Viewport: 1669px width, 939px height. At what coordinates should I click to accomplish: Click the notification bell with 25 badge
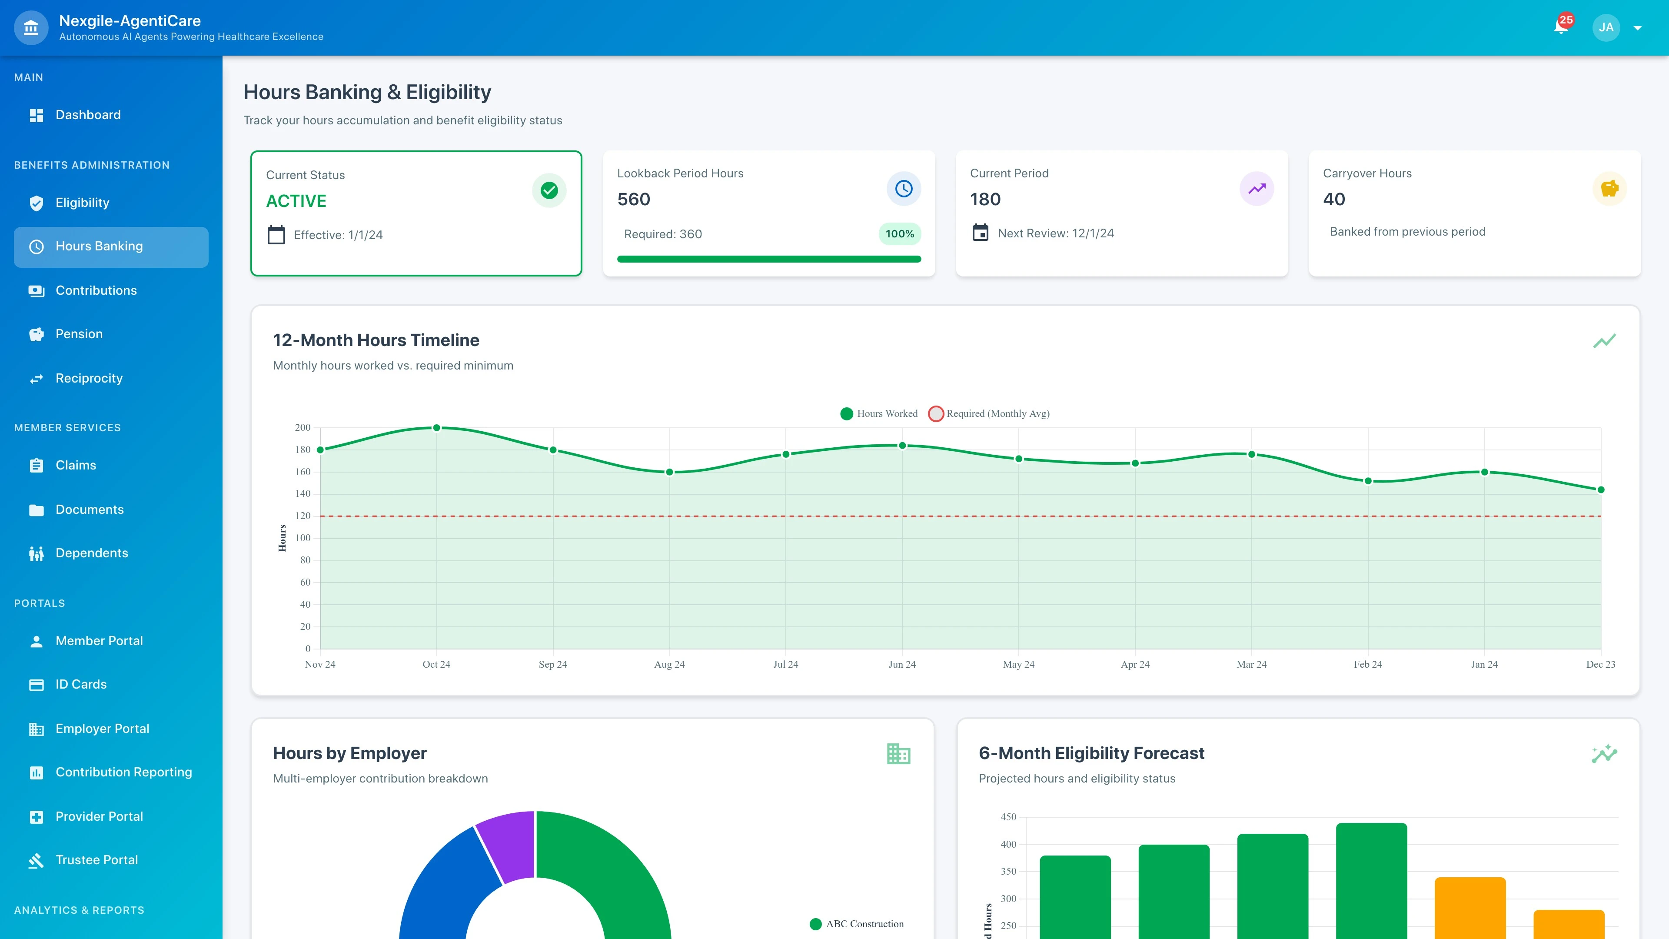(1561, 27)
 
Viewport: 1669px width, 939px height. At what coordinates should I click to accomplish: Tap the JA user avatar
(1606, 27)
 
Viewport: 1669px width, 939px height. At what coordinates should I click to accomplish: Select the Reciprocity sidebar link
(89, 379)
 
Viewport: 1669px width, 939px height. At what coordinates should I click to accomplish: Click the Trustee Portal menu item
(96, 860)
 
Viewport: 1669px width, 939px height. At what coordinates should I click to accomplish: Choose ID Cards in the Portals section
(81, 684)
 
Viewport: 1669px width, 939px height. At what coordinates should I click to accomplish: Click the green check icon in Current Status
(549, 190)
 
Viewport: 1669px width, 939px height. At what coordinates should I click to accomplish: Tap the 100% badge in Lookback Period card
(899, 234)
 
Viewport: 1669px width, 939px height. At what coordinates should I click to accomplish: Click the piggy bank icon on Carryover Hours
(1609, 189)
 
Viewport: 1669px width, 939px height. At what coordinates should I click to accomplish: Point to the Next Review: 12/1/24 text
(1055, 233)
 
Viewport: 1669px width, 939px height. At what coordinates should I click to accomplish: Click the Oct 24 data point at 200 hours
(437, 428)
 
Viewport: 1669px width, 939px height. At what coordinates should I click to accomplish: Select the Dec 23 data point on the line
(1600, 490)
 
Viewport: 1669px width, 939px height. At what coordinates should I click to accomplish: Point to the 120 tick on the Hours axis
(303, 516)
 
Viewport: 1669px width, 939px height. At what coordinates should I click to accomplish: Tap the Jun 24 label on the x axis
(902, 664)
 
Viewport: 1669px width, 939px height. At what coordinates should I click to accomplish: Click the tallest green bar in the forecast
(1371, 881)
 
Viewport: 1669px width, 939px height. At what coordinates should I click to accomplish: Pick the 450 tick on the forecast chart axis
(1008, 817)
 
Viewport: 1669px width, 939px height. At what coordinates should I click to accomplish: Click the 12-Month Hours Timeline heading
(376, 340)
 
